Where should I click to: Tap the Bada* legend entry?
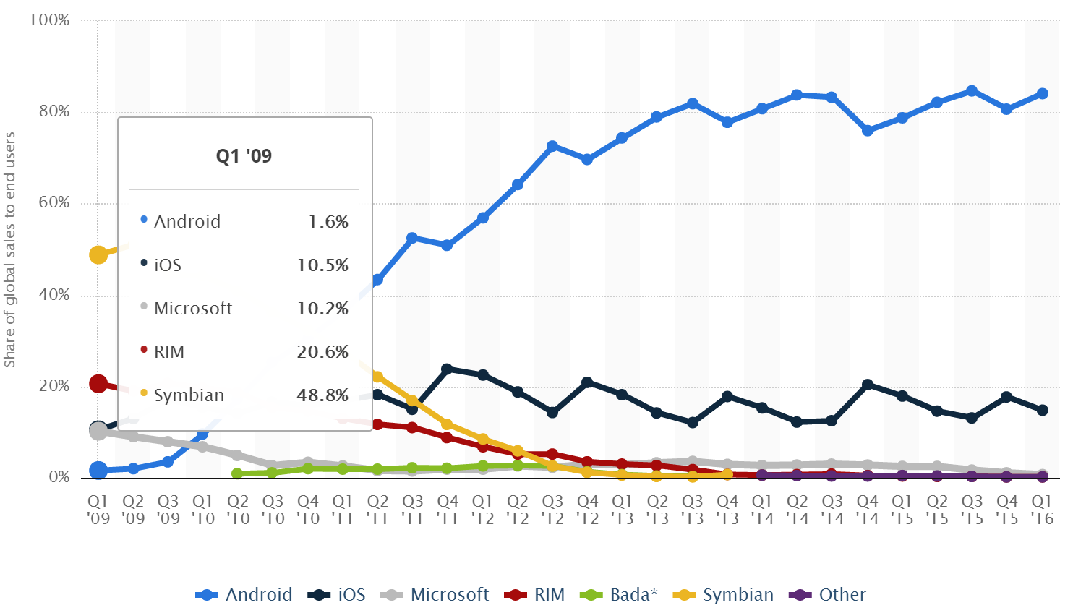[x=622, y=595]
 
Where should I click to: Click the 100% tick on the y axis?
[x=49, y=20]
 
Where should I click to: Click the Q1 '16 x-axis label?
[x=1041, y=509]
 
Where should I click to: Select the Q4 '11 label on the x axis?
[x=448, y=509]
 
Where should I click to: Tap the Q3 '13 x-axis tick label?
[x=692, y=509]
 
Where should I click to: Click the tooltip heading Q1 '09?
[x=244, y=156]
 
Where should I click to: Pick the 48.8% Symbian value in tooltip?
[x=322, y=395]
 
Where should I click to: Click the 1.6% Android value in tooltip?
[x=328, y=222]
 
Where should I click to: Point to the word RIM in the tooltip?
[x=169, y=352]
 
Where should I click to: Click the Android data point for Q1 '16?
[x=1042, y=93]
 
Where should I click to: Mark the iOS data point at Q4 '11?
[x=447, y=369]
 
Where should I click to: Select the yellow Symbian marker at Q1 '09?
[x=98, y=254]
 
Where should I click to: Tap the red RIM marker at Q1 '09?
[x=98, y=384]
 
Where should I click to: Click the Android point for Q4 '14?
[x=867, y=130]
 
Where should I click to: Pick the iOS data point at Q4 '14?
[x=867, y=385]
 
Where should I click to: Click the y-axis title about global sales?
[x=10, y=249]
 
